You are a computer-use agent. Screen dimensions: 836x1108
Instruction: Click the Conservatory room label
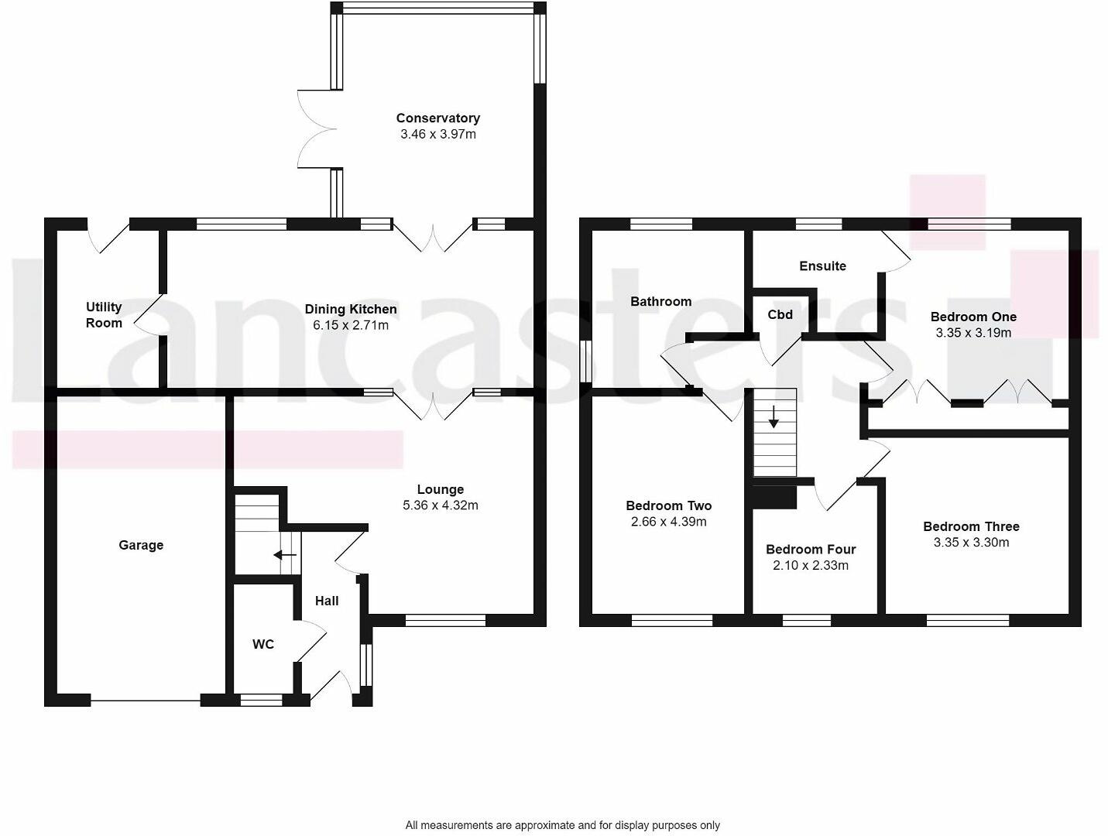437,118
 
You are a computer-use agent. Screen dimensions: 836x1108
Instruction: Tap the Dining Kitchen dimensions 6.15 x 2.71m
351,325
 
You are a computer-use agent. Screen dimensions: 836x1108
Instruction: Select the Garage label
141,545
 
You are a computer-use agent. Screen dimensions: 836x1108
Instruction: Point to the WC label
263,644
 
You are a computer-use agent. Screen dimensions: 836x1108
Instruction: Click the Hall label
327,601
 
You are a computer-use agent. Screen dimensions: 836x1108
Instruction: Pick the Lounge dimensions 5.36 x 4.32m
440,505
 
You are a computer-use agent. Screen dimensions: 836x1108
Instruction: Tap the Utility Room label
104,315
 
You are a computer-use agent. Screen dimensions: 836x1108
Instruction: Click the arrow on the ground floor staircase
285,555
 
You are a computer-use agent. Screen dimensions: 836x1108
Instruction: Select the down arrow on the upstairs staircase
774,419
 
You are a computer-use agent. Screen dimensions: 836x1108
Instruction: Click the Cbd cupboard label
780,314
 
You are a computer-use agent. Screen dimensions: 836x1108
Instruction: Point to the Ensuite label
822,266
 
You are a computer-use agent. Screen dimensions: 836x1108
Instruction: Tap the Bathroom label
660,302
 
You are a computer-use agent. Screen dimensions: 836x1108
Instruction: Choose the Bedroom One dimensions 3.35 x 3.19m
973,333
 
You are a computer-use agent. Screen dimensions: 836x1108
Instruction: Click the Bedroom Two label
668,506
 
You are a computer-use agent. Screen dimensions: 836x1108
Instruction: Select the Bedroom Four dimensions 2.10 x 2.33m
811,565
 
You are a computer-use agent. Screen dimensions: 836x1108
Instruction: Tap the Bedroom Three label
971,526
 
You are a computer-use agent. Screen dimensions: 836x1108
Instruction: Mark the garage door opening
146,701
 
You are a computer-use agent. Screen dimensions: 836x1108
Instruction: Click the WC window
261,701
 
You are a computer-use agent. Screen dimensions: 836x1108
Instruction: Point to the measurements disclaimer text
562,825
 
